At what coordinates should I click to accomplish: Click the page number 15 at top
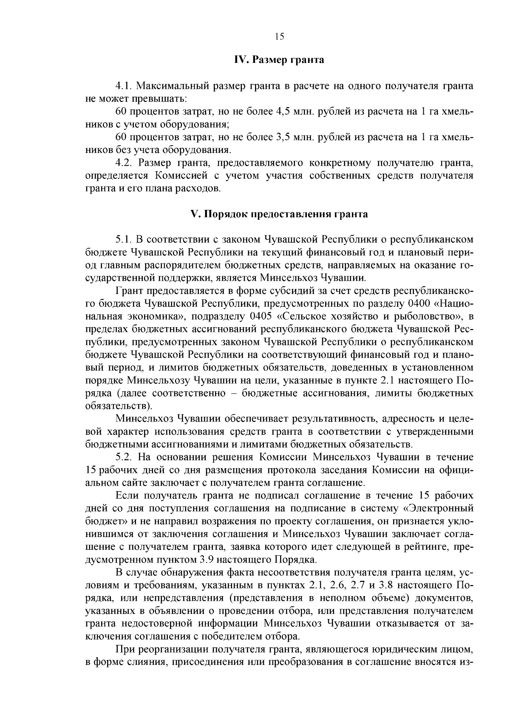point(279,37)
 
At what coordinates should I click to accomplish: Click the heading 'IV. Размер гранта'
point(279,60)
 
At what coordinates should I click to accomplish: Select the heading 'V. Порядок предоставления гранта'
point(279,214)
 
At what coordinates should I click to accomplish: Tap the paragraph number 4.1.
point(125,86)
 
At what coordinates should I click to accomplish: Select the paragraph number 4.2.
point(125,163)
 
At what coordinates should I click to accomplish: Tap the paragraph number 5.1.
point(125,240)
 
